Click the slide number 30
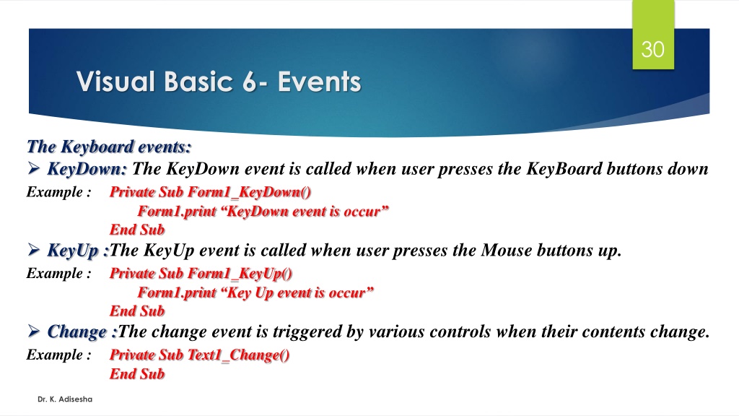[x=652, y=50]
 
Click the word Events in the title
[x=319, y=82]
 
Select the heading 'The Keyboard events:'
[x=109, y=147]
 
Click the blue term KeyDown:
[x=87, y=169]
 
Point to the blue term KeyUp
[x=73, y=251]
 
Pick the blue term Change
[x=76, y=331]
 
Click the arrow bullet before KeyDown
[x=33, y=168]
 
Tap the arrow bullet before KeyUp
[x=33, y=249]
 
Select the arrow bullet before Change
[x=33, y=331]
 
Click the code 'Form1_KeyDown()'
[x=249, y=192]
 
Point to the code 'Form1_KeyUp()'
[x=240, y=274]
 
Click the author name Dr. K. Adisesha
[x=65, y=399]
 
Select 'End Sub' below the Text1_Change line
[x=137, y=374]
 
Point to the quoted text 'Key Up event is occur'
[x=297, y=293]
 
